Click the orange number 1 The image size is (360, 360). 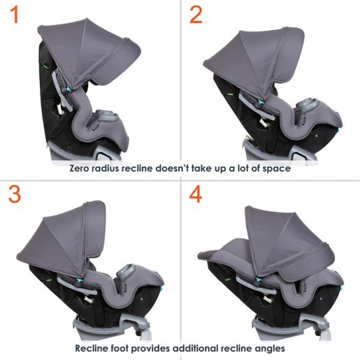15,15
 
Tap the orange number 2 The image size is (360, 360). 196,15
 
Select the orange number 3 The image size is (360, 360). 15,194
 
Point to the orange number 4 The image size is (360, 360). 196,194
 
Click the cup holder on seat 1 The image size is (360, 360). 108,116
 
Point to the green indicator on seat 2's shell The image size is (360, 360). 230,94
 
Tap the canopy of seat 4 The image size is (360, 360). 288,245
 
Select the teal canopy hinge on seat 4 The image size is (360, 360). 258,279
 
